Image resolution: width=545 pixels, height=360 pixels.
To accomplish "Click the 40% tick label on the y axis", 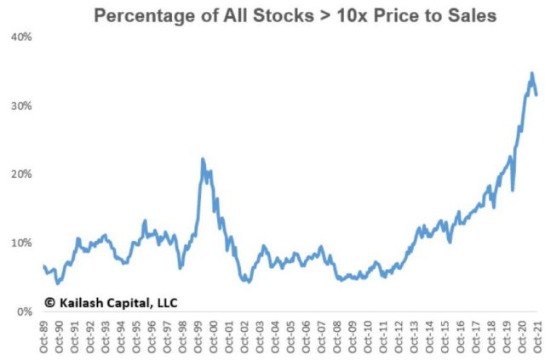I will (20, 37).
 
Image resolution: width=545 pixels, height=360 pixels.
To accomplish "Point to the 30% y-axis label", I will (20, 106).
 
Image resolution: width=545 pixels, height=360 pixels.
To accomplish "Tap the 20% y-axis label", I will (20, 174).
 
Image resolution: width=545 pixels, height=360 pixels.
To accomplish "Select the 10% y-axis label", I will (20, 243).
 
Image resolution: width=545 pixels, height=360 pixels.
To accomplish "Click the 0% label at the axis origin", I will (24, 312).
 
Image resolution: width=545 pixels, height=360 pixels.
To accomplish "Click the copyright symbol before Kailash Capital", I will (49, 301).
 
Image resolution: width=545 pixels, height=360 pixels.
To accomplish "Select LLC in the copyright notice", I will (165, 301).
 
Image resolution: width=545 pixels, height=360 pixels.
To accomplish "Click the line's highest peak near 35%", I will (531, 73).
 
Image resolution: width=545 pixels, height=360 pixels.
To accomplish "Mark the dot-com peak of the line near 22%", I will (203, 159).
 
